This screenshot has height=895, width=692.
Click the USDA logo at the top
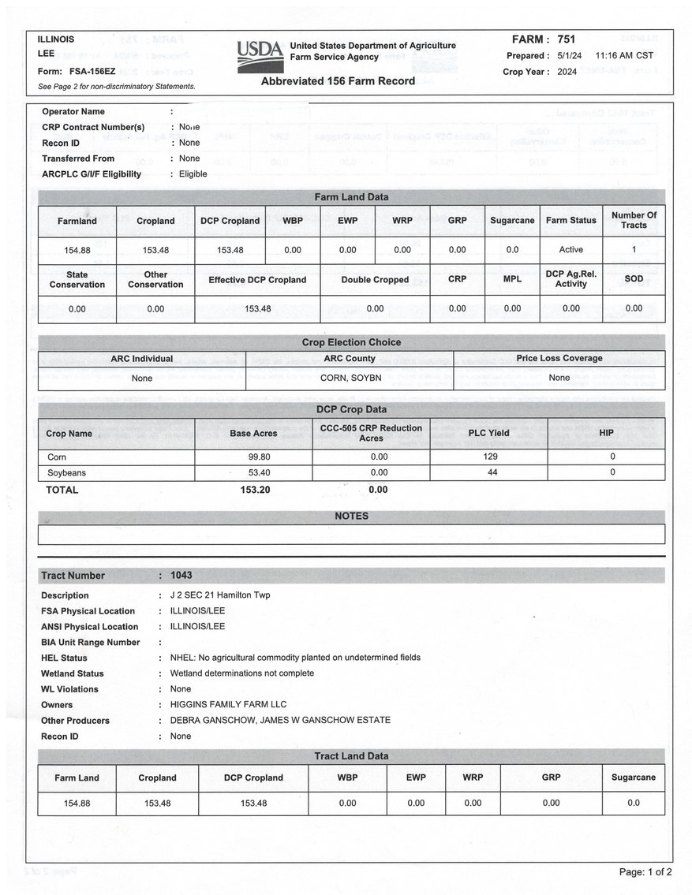(260, 54)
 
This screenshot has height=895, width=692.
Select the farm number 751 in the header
(567, 39)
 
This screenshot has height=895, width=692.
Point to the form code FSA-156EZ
(92, 71)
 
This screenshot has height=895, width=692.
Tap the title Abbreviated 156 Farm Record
(338, 80)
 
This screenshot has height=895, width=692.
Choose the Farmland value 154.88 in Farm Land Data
(77, 249)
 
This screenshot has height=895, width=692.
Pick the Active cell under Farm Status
(570, 249)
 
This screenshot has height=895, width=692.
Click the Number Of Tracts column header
(634, 220)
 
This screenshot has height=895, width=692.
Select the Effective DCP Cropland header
(257, 280)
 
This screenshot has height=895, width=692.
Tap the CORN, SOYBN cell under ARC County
(350, 378)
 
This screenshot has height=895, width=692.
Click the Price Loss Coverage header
(559, 358)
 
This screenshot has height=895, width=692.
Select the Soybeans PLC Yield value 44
(489, 472)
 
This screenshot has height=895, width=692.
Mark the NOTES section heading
(351, 516)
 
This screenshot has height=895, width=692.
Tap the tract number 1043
(181, 576)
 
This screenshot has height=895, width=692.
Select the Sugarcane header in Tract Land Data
(633, 778)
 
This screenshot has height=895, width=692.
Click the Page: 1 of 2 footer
(645, 871)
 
